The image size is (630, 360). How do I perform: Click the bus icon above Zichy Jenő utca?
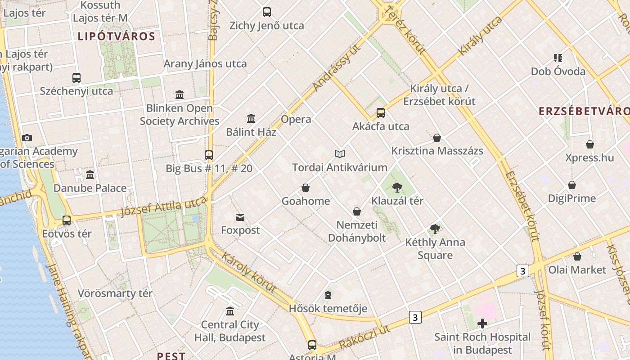point(267,12)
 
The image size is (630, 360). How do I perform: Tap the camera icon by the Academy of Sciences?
point(27,138)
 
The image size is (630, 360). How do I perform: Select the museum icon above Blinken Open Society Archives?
point(180,94)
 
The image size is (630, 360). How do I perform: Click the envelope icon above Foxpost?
point(240,217)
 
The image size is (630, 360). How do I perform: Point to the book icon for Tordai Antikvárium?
point(340,154)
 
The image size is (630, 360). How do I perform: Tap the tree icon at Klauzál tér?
point(397,187)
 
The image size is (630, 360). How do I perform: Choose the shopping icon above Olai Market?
point(577,256)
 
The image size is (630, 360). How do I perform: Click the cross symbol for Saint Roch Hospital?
point(482,324)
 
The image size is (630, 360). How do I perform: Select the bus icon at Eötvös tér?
point(67,220)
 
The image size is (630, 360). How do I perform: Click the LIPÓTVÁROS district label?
point(117,36)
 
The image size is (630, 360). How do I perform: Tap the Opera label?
point(296,119)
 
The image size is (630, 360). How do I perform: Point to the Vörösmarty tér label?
point(115,293)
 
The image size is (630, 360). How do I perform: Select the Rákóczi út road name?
point(364,337)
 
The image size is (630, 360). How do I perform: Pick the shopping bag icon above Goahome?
point(306,188)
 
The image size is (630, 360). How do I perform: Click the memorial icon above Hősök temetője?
point(328,295)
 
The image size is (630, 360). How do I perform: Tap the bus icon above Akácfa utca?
point(381,113)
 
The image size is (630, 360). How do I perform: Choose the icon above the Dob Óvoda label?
point(558,58)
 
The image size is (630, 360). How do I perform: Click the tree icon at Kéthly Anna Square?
point(435,229)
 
